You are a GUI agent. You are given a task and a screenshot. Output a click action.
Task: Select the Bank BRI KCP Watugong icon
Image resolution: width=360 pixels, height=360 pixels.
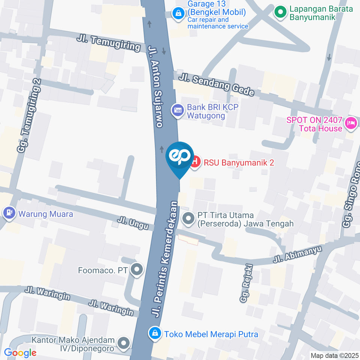point(177,110)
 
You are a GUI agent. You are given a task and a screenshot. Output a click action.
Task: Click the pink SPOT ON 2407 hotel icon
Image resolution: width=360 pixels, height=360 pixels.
point(351,122)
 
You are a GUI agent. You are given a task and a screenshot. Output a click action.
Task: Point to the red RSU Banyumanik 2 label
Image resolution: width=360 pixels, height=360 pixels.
point(239,163)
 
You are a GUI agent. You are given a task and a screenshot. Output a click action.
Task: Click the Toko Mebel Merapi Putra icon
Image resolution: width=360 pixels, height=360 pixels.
point(154,332)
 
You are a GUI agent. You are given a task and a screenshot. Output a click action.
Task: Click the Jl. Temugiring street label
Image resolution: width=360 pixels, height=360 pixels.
point(109,43)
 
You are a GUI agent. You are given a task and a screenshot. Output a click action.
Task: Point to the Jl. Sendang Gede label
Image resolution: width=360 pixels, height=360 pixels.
point(216,84)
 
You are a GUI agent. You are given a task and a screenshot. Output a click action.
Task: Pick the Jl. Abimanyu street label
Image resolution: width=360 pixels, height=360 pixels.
point(293,256)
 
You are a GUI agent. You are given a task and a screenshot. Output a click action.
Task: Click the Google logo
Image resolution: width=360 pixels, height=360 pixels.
point(20,352)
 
